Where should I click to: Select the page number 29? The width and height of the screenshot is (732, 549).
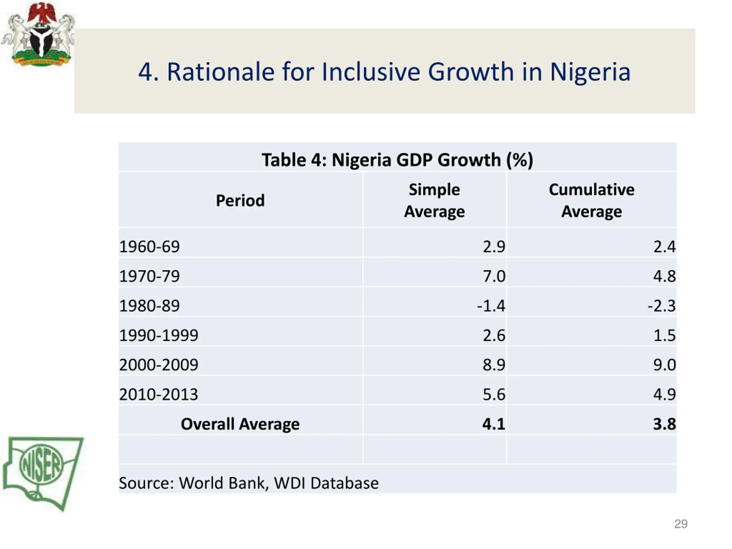coord(681,524)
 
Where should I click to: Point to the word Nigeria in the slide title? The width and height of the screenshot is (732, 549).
coord(590,72)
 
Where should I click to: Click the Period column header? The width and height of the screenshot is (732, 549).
coord(240,200)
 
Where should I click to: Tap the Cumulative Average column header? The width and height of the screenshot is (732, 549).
coord(591,200)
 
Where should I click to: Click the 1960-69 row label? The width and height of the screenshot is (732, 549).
coord(149,246)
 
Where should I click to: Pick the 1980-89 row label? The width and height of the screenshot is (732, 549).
coord(149,305)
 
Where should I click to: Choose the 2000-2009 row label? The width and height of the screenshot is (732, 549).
coord(158,365)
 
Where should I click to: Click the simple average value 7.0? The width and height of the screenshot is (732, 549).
coord(494,276)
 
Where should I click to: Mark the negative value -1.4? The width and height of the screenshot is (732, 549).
coord(491,305)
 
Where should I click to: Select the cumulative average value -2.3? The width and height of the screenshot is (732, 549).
coord(661,305)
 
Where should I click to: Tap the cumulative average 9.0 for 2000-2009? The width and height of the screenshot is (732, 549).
coord(664,365)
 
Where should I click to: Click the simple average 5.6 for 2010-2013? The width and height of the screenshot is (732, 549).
coord(494,394)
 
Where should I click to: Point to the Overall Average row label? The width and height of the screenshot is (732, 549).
coord(240,424)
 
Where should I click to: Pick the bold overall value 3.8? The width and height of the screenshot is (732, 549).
coord(664,424)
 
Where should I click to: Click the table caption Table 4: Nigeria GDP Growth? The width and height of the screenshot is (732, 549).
coord(397,160)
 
